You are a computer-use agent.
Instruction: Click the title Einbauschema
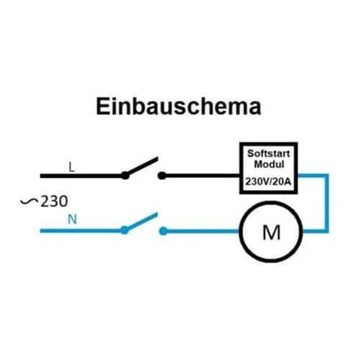(x=178, y=107)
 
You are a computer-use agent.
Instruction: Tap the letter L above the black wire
(x=72, y=167)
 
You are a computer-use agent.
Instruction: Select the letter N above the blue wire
(x=72, y=220)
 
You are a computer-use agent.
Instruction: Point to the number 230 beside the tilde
(x=54, y=202)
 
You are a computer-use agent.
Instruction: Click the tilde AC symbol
(x=29, y=201)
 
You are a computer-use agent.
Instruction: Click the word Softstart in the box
(x=268, y=154)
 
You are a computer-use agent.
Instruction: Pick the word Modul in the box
(x=269, y=164)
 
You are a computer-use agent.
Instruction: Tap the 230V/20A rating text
(x=268, y=181)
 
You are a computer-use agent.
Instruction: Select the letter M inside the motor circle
(x=271, y=232)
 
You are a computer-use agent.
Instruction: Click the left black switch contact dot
(x=125, y=175)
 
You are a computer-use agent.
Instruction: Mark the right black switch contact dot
(x=162, y=175)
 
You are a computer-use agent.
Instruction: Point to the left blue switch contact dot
(x=124, y=230)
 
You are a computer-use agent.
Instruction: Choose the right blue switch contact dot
(x=163, y=231)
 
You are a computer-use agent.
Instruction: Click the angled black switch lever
(x=142, y=166)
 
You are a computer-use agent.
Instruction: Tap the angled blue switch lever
(x=141, y=221)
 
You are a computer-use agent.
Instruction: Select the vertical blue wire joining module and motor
(x=327, y=203)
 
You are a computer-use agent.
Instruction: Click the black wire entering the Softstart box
(x=202, y=176)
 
